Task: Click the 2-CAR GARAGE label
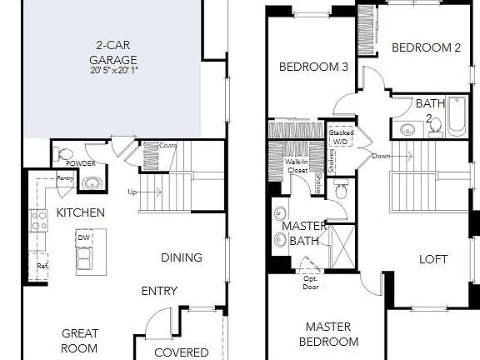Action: tap(113, 53)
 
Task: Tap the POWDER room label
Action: tap(81, 163)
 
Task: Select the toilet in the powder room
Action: tap(64, 155)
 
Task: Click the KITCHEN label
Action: tap(80, 212)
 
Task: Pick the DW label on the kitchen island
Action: tap(83, 238)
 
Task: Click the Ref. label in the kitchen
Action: tap(42, 266)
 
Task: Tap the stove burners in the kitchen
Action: tap(38, 220)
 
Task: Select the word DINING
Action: tap(182, 257)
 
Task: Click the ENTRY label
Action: tap(159, 291)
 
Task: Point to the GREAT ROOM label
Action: tap(80, 341)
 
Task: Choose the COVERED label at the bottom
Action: tap(182, 352)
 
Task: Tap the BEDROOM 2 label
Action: tap(427, 48)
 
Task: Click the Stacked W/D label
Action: tap(341, 137)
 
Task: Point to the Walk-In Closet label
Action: tap(297, 166)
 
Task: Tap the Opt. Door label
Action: tap(311, 282)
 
